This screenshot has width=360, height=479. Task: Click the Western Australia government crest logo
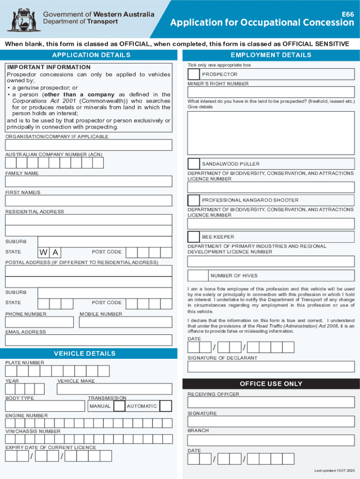(22, 18)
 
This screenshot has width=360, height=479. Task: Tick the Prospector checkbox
(194, 74)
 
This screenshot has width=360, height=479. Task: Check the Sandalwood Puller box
(194, 164)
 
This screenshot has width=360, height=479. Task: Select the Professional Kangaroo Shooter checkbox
(194, 200)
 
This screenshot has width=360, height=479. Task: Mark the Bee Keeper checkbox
(194, 237)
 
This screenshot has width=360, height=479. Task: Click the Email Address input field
(88, 340)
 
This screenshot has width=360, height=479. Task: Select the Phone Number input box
(39, 322)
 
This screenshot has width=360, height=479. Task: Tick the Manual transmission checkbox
(120, 406)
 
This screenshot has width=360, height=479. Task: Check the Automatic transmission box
(166, 406)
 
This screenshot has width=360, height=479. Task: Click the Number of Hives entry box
(198, 276)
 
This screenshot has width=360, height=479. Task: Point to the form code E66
(347, 15)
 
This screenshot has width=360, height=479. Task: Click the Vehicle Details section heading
(85, 354)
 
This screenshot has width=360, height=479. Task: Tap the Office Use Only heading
(271, 384)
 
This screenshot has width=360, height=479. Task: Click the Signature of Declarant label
(222, 358)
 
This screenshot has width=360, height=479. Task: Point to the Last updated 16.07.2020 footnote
(334, 470)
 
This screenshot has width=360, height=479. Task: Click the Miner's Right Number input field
(271, 92)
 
